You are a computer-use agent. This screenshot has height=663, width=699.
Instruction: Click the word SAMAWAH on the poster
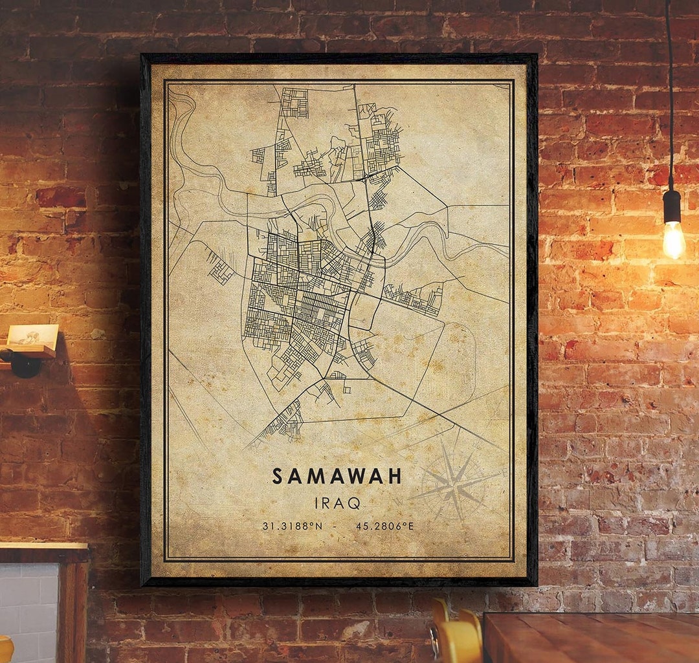click(337, 477)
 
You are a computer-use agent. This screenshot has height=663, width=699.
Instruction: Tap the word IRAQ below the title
click(337, 503)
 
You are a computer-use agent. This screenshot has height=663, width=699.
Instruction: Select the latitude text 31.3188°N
click(292, 526)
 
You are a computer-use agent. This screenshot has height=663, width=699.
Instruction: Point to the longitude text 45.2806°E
click(384, 526)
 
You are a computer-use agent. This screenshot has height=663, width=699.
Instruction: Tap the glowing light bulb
click(673, 239)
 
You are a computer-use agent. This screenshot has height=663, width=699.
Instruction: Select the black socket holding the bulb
click(672, 206)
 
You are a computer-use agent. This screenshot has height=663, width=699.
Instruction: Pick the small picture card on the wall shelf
click(32, 334)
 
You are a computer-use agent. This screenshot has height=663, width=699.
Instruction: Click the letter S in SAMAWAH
click(278, 477)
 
